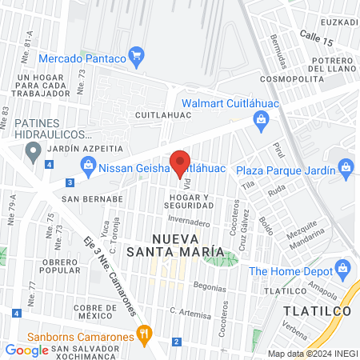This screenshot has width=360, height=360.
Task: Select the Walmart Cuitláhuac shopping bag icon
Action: point(260,119)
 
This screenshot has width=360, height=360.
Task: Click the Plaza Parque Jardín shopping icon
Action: point(346,167)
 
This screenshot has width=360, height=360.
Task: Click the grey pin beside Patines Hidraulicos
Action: point(33,153)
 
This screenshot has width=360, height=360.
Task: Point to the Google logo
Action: point(26,350)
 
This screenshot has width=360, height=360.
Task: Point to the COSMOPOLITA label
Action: point(297,80)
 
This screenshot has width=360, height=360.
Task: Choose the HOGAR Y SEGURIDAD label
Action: point(190,202)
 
